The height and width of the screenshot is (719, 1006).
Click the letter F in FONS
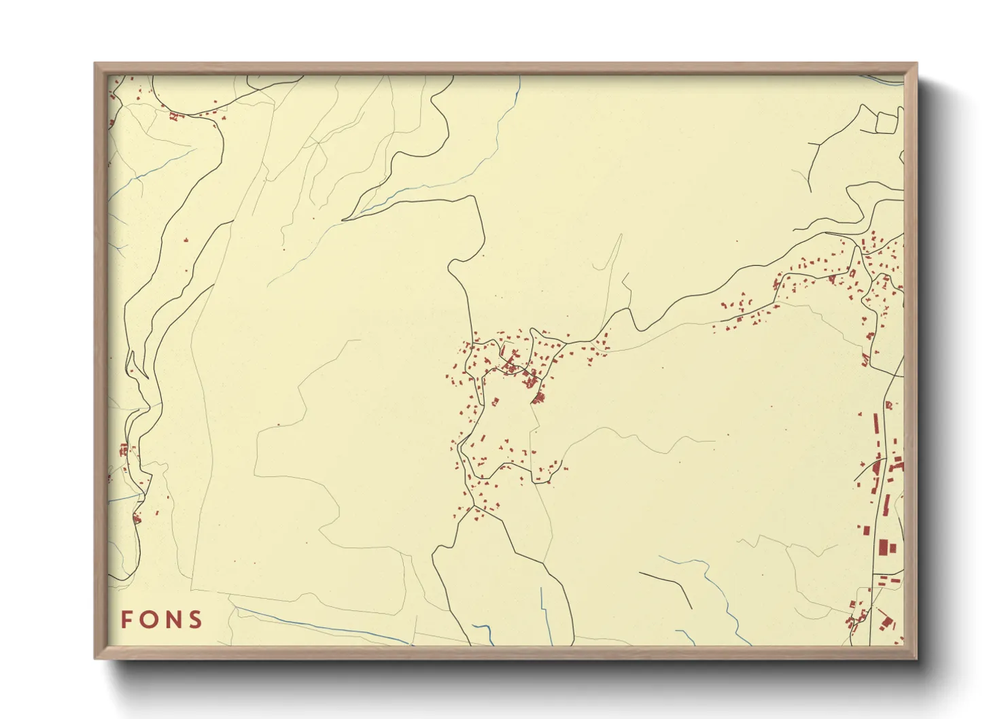click(127, 620)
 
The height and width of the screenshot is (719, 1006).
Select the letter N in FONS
click(173, 620)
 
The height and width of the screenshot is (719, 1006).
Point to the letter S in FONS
click(196, 620)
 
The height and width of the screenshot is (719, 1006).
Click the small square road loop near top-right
click(886, 122)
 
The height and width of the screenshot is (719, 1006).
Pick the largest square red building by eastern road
click(884, 547)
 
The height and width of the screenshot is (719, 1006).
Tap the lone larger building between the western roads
click(186, 240)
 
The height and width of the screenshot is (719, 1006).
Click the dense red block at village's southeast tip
click(538, 397)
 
